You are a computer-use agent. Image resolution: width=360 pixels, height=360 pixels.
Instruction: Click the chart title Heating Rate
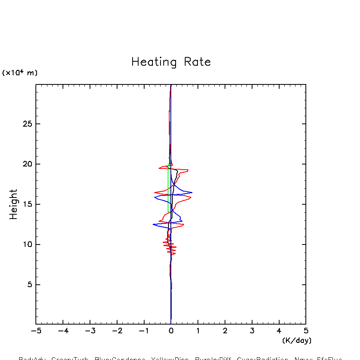[x=171, y=62]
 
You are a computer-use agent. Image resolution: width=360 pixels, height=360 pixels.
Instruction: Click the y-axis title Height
[x=14, y=204]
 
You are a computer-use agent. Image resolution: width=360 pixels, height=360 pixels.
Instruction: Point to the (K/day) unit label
[x=297, y=340]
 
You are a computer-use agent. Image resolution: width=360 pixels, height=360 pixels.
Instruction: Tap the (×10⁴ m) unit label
[x=20, y=73]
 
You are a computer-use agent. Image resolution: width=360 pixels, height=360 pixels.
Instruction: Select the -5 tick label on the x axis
[x=36, y=331]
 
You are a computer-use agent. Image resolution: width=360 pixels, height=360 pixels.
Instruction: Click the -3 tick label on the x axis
[x=90, y=331]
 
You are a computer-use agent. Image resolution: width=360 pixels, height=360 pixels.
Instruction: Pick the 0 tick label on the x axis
[x=171, y=331]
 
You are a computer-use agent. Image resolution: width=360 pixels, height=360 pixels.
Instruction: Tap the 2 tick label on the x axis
[x=225, y=331]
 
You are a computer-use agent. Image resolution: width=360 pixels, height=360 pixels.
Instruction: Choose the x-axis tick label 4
[x=279, y=331]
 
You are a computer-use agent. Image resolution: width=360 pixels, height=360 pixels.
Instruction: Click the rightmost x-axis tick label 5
[x=306, y=331]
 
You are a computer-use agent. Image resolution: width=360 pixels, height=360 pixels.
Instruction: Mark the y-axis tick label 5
[x=29, y=285]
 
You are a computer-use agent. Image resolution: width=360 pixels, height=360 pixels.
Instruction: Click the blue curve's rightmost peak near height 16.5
[x=192, y=192]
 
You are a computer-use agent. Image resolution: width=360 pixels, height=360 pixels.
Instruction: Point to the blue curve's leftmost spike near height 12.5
[x=153, y=225]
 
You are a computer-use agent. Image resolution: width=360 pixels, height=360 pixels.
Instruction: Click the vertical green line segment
[x=168, y=187]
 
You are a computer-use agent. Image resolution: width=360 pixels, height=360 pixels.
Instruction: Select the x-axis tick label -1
[x=143, y=331]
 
